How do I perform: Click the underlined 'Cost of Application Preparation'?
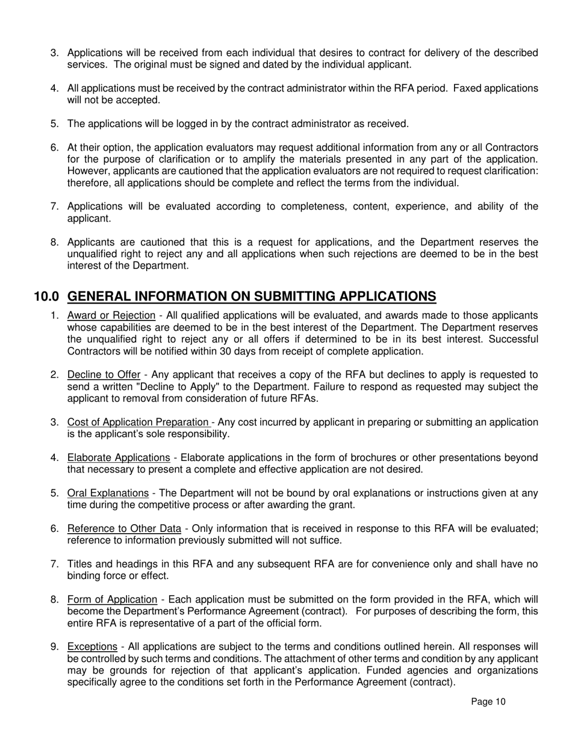click(138, 422)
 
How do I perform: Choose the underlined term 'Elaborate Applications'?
click(119, 458)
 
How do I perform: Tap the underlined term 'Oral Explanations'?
click(108, 493)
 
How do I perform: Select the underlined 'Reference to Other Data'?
click(124, 529)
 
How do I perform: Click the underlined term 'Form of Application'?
click(112, 599)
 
